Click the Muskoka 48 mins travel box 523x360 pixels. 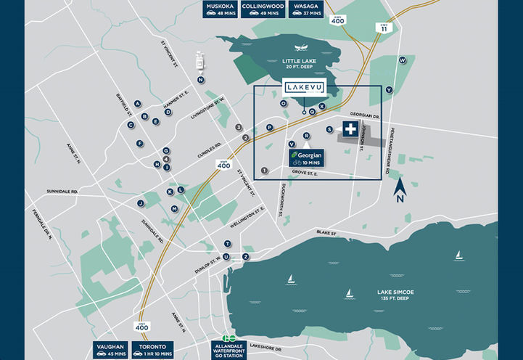click(x=221, y=9)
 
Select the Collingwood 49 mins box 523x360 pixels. click(x=262, y=9)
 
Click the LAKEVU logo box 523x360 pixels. click(x=304, y=88)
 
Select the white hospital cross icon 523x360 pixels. click(x=351, y=130)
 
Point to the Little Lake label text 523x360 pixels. click(x=298, y=63)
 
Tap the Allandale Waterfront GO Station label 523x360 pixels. click(x=230, y=349)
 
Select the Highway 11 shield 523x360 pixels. click(x=382, y=28)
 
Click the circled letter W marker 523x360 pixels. click(x=402, y=61)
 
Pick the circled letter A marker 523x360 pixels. click(x=137, y=103)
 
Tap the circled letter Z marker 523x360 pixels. click(x=247, y=257)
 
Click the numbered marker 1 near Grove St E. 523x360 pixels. click(x=265, y=171)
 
